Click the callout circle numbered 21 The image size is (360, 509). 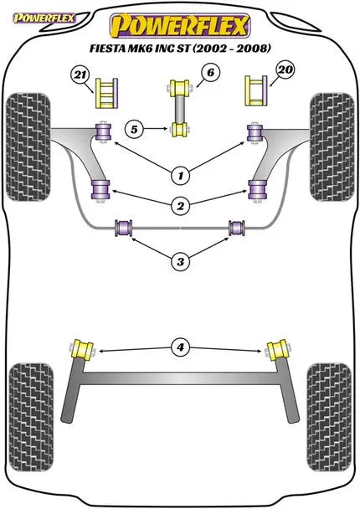tap(80, 75)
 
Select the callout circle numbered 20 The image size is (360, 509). tap(285, 69)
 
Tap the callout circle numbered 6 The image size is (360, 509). tap(210, 72)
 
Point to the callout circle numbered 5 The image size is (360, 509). tap(134, 129)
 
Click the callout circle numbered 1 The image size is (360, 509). tap(181, 176)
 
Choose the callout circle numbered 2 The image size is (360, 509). tap(181, 205)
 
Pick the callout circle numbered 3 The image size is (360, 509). tap(181, 261)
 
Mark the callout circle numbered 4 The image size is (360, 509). tap(181, 347)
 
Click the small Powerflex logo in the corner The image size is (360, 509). tap(44, 18)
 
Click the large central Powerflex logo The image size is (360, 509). tap(180, 26)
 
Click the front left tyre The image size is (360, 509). tap(28, 147)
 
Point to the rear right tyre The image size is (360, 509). tap(329, 418)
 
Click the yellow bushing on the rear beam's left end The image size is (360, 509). tap(83, 350)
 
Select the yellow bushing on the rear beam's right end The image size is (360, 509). tap(278, 350)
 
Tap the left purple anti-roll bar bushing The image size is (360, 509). tap(124, 228)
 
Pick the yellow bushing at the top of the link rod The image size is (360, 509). tap(180, 87)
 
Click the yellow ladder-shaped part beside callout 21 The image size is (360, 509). tap(106, 93)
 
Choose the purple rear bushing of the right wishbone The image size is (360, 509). tap(257, 190)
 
